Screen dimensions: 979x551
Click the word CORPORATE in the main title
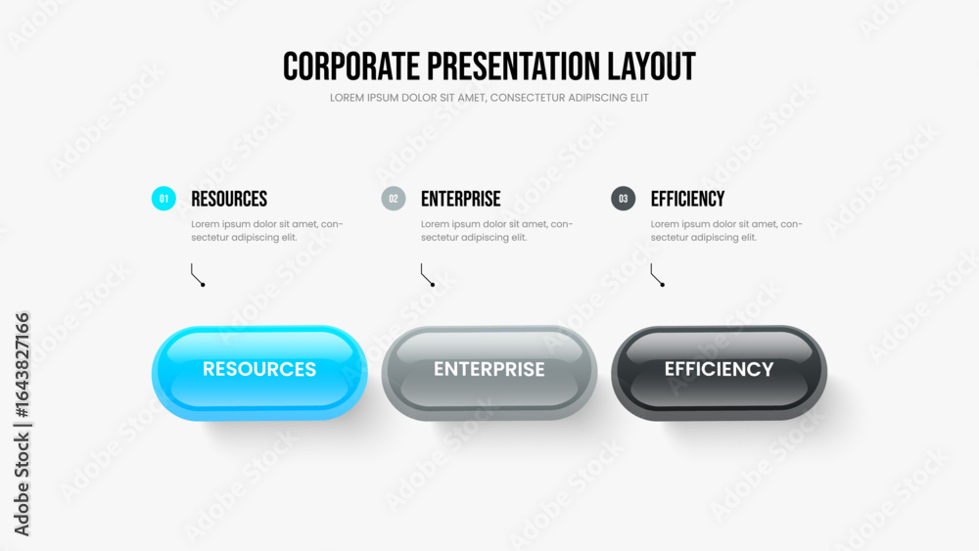pos(350,67)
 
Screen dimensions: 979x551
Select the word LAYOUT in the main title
pos(652,67)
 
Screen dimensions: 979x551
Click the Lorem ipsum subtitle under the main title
pos(489,98)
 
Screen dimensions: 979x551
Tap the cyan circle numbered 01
pos(163,199)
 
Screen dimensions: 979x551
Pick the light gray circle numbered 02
pos(394,199)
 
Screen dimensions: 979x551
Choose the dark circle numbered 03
pos(623,199)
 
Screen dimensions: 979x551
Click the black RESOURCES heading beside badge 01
pos(229,199)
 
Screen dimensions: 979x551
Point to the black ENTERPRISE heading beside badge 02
pos(461,199)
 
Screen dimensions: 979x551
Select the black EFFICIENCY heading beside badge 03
pos(687,199)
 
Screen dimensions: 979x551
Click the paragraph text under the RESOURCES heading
pos(267,231)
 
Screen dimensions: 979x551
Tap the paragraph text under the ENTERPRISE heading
pos(497,231)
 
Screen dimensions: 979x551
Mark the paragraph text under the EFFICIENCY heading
pos(726,231)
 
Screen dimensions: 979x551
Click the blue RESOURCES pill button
pos(259,373)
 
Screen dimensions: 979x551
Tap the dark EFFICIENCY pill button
pos(720,373)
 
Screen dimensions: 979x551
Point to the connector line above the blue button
pos(194,275)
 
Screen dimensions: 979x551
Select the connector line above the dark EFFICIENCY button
pos(653,275)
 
